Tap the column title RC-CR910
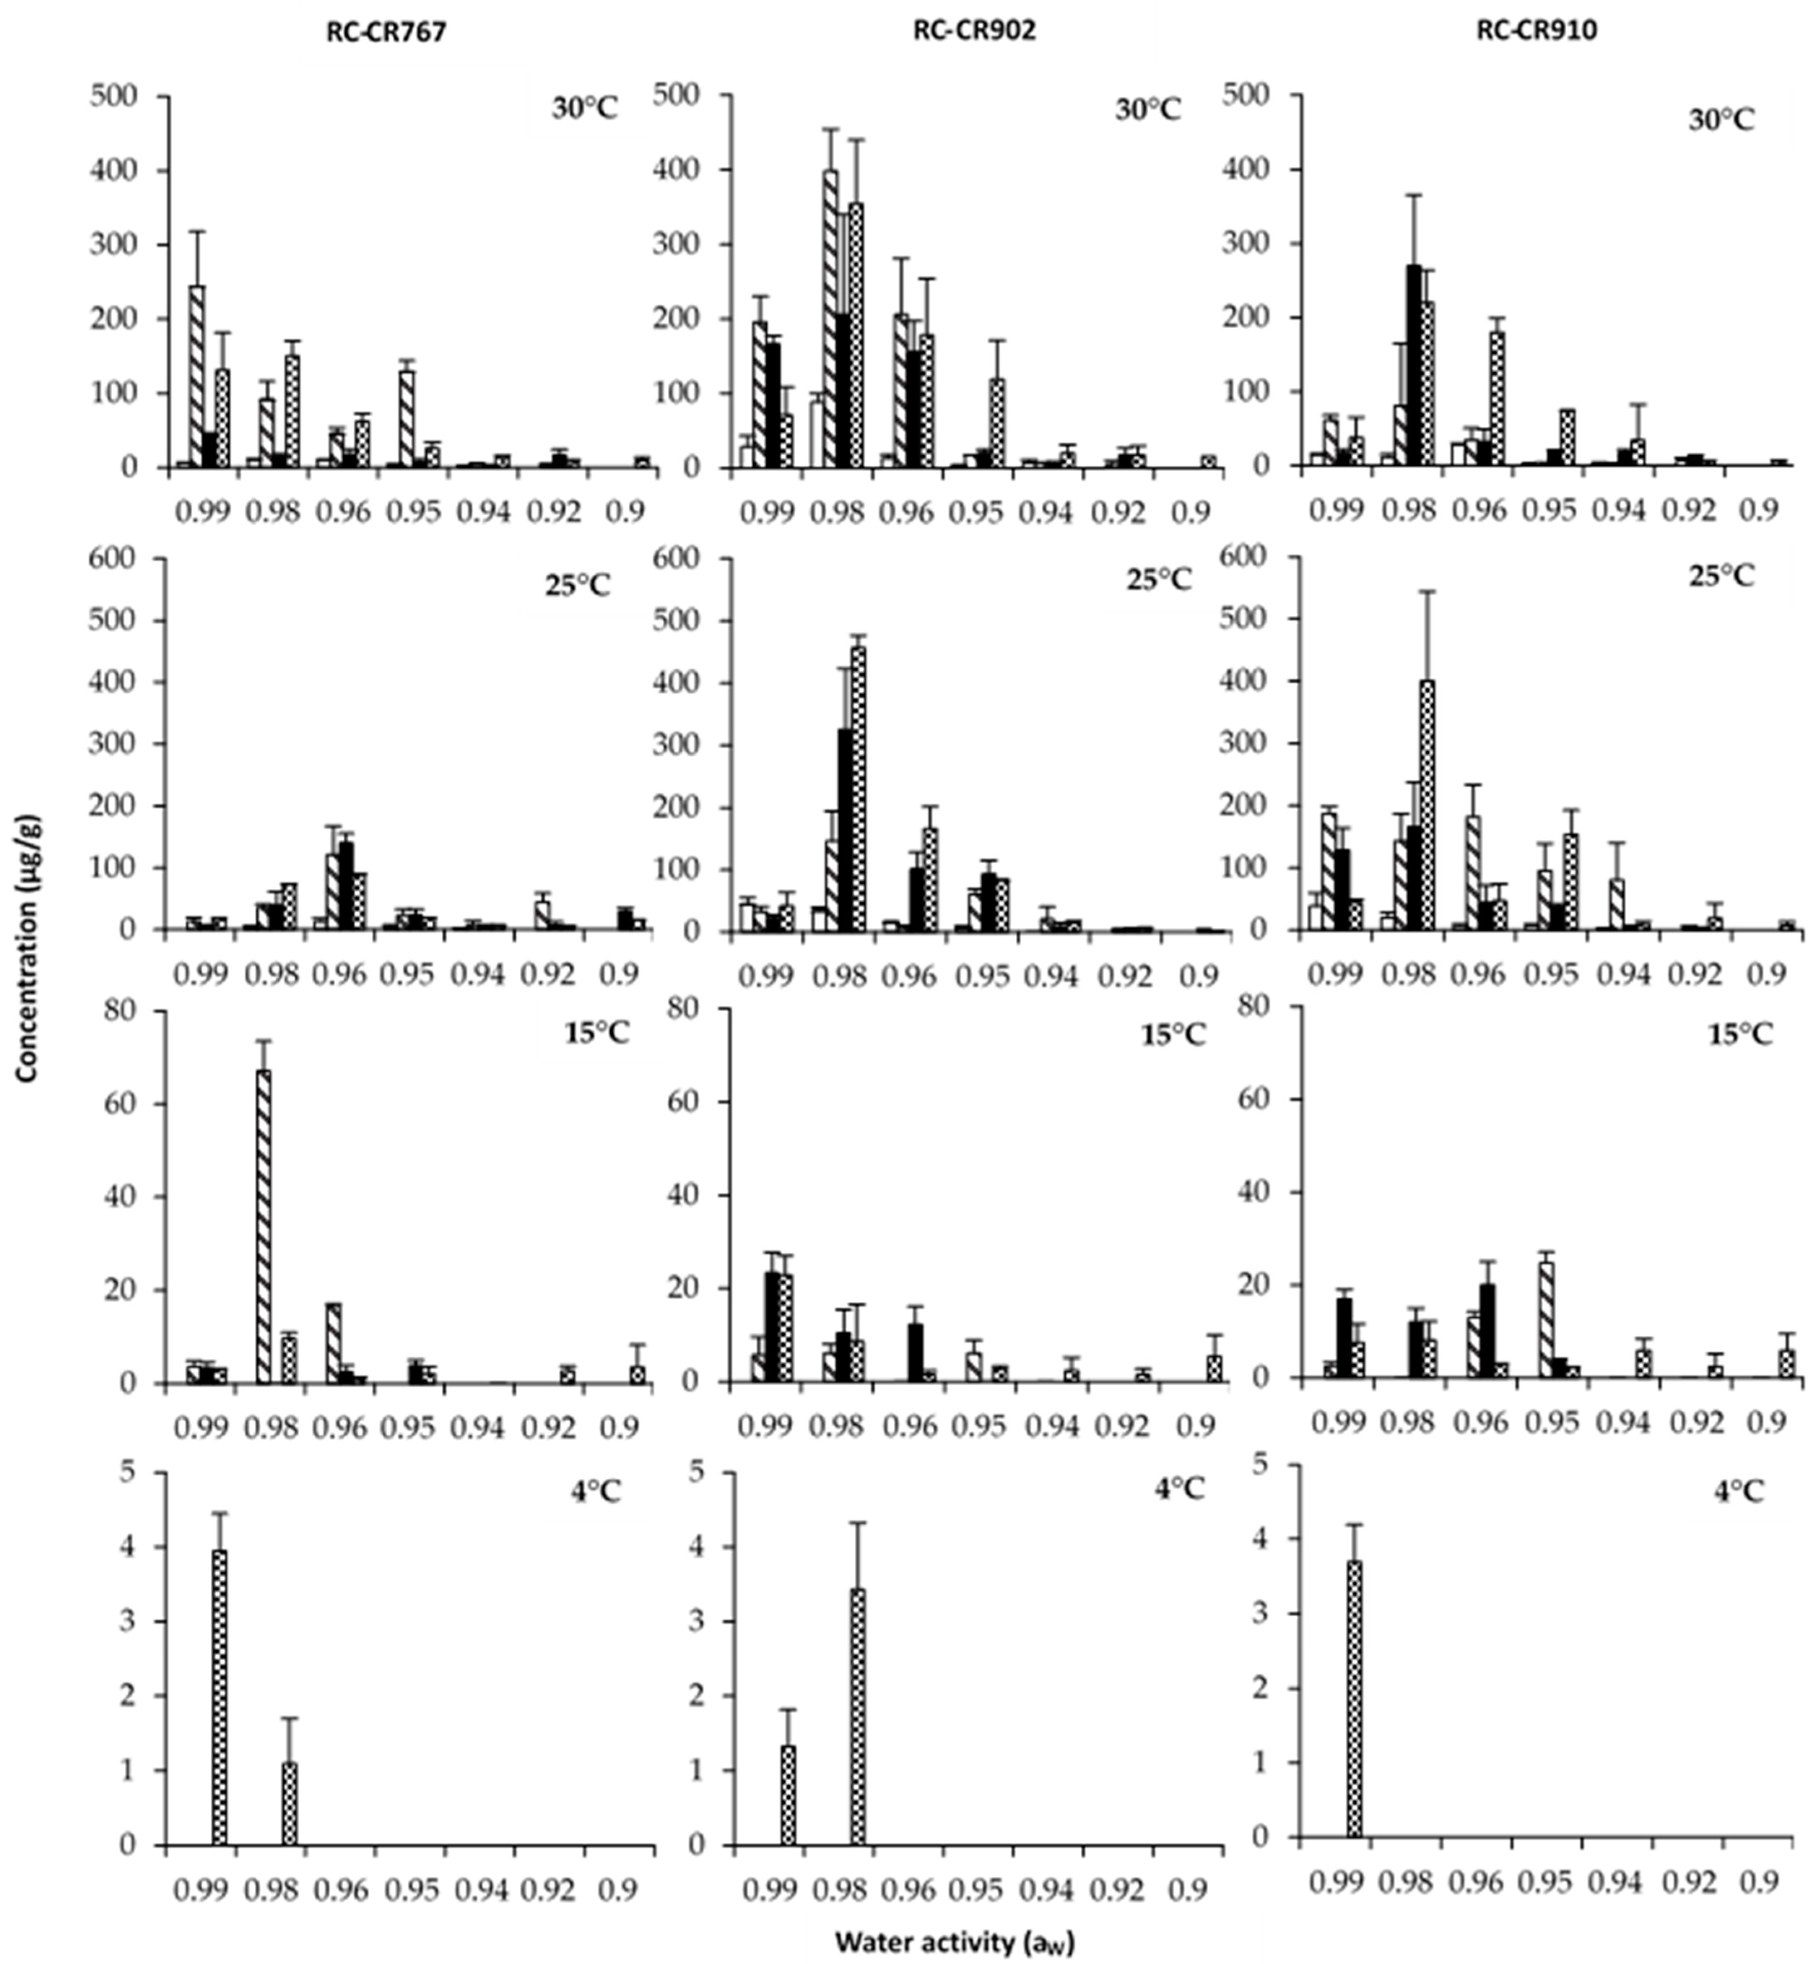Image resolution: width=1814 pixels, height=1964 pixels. (1537, 30)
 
